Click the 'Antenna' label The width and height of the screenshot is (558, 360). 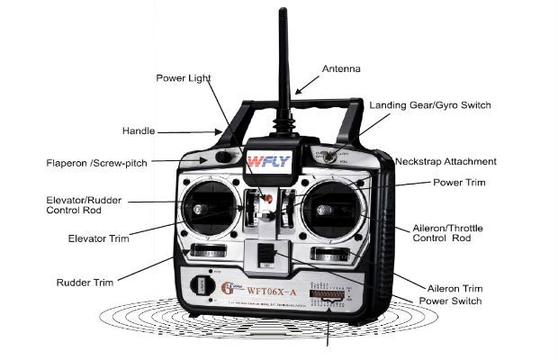coord(342,69)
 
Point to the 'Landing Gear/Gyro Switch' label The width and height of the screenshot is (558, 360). coord(430,105)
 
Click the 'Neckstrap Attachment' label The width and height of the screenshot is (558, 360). coord(445,162)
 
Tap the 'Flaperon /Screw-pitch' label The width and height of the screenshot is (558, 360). coord(96,163)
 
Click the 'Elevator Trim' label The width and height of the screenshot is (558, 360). coord(98,238)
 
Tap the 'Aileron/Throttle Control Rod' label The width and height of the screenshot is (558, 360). coord(441,232)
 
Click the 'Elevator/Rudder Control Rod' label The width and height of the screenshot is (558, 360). coord(85,204)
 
